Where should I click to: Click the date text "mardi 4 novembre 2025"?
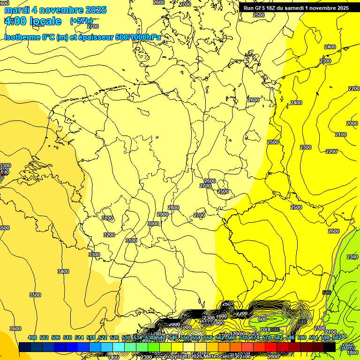tap(55, 10)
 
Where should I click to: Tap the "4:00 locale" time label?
tap(32, 21)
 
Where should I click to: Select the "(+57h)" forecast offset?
tap(81, 21)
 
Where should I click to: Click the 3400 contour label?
tap(63, 271)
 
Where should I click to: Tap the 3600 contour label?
tap(15, 329)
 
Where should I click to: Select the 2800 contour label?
tap(173, 208)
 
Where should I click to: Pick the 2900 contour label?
tap(163, 214)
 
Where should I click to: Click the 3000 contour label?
tap(153, 224)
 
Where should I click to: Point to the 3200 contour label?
tap(109, 235)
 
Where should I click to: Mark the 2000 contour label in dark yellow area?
tap(352, 123)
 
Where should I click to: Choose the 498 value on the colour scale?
tap(32, 337)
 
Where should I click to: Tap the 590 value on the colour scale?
tap(302, 337)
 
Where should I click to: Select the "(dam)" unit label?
tap(347, 347)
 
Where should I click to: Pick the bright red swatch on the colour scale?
tap(270, 347)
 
